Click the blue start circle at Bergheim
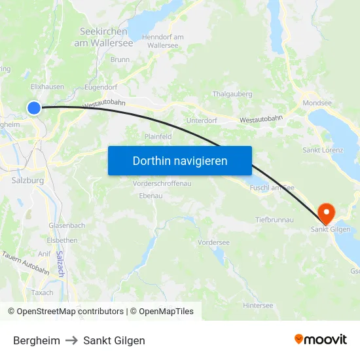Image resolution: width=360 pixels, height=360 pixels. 34,108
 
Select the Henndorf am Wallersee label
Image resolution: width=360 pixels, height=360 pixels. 163,41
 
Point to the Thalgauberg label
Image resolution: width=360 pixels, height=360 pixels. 232,94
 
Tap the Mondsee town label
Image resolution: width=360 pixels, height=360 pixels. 317,103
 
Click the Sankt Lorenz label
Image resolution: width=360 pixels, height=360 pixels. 323,150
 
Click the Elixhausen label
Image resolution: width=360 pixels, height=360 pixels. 47,86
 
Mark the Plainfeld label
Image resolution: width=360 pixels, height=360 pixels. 158,137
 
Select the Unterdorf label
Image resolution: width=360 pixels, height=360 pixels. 202,120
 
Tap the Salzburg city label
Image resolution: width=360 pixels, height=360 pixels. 27,180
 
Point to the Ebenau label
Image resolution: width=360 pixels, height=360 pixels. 151,196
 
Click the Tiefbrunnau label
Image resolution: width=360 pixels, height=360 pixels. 274,220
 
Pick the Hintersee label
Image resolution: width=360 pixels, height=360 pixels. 257,305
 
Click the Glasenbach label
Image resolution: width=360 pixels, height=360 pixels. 67,225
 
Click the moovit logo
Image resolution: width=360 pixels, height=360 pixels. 321,339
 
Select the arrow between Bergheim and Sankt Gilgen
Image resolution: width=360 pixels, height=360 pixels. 71,340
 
